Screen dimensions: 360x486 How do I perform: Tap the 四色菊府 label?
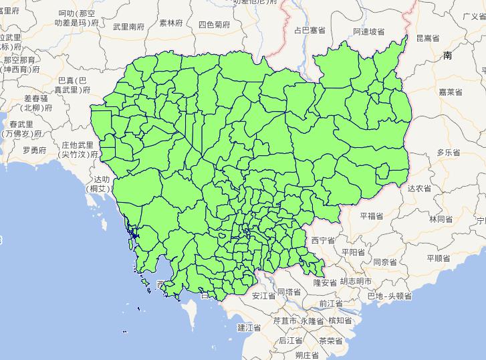[x=214, y=24]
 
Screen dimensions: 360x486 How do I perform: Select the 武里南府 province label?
[x=129, y=27]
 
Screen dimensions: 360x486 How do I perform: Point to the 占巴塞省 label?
[x=310, y=30]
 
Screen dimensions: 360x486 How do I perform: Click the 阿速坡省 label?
[x=368, y=31]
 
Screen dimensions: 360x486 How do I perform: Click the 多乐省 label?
[x=449, y=153]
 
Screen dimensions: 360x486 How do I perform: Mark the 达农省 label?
[x=419, y=189]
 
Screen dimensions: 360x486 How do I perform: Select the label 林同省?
[x=441, y=219]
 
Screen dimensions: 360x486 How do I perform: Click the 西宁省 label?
[x=322, y=240]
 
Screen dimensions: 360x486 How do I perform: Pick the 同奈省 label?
[x=386, y=262]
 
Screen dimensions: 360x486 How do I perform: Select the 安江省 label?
[x=263, y=294]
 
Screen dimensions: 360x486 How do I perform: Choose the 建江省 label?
[x=249, y=328]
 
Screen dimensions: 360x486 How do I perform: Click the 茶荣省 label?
[x=330, y=340]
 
